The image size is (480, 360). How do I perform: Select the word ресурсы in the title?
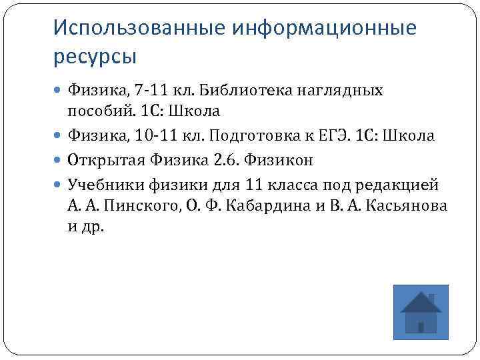(94, 56)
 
